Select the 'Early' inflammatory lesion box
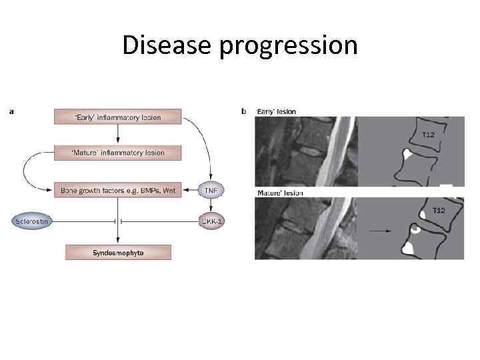(118, 117)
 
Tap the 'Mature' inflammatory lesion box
(118, 153)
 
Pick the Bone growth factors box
(118, 190)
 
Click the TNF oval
(211, 190)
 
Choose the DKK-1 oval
(211, 221)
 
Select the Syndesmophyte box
(118, 253)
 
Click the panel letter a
(12, 111)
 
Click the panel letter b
(244, 111)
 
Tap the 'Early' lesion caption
(275, 111)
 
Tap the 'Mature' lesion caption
(279, 193)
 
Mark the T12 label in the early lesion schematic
(429, 135)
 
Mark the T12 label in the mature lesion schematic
(439, 211)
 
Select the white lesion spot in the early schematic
(405, 155)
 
